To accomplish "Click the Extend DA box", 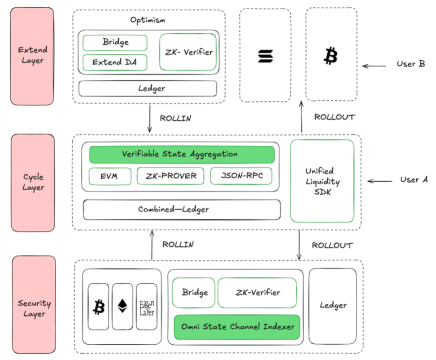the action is (x=115, y=62).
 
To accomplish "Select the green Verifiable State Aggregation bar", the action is (x=182, y=154).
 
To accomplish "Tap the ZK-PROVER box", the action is (x=170, y=176).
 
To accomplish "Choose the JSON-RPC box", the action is (x=241, y=176).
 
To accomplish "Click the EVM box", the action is (x=110, y=176).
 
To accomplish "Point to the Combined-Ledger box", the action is (x=182, y=210).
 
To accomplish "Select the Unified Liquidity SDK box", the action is (x=322, y=181).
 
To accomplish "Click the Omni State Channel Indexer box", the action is (x=237, y=327).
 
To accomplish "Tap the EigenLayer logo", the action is (x=147, y=308).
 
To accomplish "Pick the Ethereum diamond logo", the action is (x=122, y=306).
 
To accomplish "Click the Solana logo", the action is (x=266, y=56).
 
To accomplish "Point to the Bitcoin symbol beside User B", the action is (x=331, y=56).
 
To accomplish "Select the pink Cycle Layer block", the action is (x=33, y=182).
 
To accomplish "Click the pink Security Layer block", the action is (x=34, y=305).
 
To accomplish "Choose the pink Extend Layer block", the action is (x=32, y=56).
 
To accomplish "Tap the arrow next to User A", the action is (x=380, y=181).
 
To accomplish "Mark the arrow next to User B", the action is (x=374, y=66).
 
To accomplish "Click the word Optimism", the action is (x=148, y=20).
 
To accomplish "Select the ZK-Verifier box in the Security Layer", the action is (x=257, y=292).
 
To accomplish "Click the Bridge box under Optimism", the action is (x=115, y=43).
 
